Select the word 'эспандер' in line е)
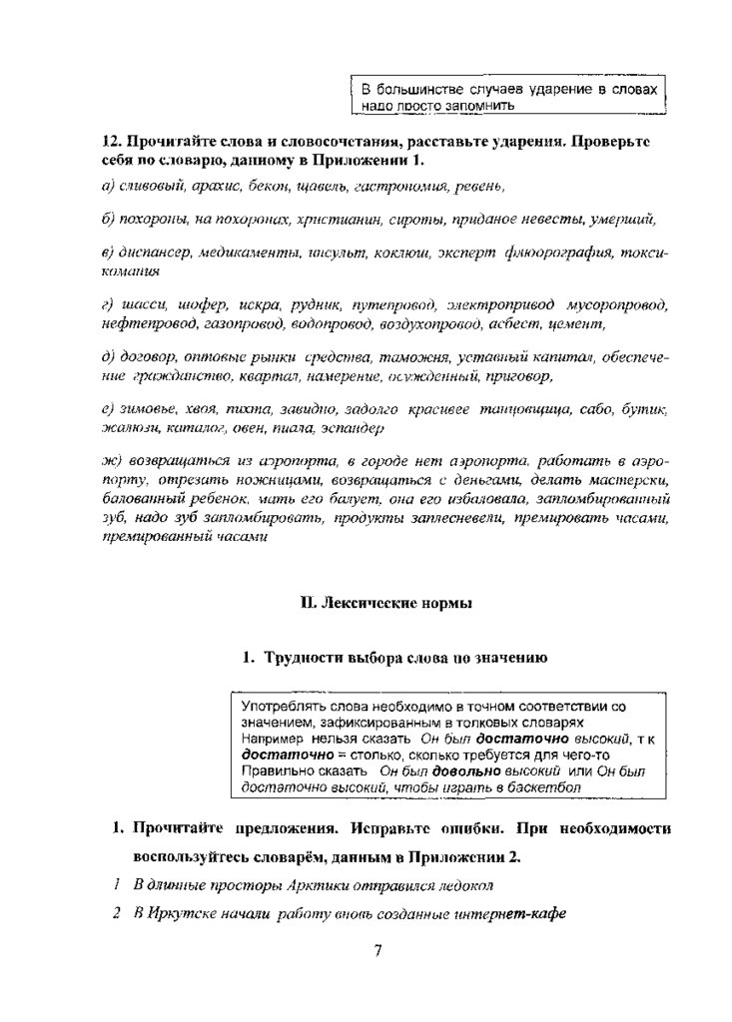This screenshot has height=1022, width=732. [x=355, y=428]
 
